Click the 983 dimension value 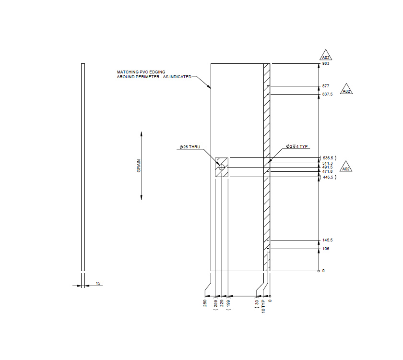pyautogui.click(x=326, y=64)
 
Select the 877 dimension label pyautogui.click(x=326, y=86)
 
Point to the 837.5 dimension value pyautogui.click(x=328, y=95)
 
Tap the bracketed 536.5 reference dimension pyautogui.click(x=328, y=158)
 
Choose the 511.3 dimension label pyautogui.click(x=328, y=163)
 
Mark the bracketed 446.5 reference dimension pyautogui.click(x=328, y=177)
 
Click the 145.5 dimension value pyautogui.click(x=328, y=240)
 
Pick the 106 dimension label pyautogui.click(x=326, y=249)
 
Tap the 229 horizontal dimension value pyautogui.click(x=222, y=304)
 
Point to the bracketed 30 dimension pyautogui.click(x=257, y=303)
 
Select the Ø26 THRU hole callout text pyautogui.click(x=190, y=146)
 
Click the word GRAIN pyautogui.click(x=139, y=166)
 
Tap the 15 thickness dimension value pyautogui.click(x=98, y=284)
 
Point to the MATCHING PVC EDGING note pyautogui.click(x=154, y=74)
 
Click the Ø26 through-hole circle pyautogui.click(x=221, y=167)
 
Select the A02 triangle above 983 pyautogui.click(x=326, y=55)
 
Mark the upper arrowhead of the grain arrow pyautogui.click(x=141, y=134)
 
